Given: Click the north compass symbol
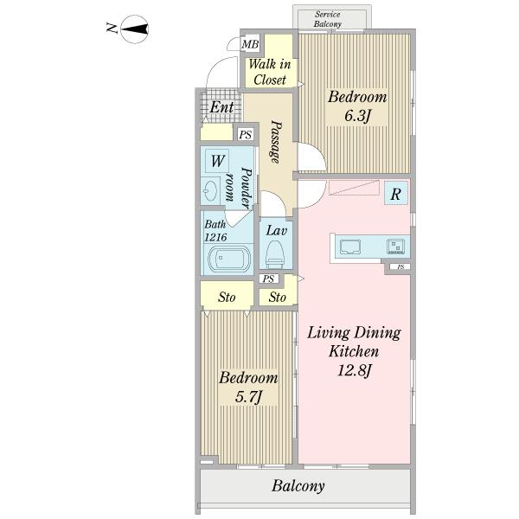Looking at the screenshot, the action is [134, 29].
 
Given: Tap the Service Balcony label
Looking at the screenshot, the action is [328, 19].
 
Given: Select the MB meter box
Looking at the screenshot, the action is [250, 44].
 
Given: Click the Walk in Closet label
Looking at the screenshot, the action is [269, 72].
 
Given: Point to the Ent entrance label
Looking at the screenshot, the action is [221, 107].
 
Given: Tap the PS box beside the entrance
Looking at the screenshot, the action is [246, 135].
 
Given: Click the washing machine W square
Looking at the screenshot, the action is [217, 161].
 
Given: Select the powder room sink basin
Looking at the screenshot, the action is [210, 191].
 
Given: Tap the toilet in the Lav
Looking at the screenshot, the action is [275, 254].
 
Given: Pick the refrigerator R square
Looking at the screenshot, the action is [395, 195].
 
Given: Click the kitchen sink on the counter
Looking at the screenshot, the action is [349, 247].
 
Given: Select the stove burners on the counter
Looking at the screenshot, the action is [395, 247].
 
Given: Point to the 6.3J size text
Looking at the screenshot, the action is [357, 116].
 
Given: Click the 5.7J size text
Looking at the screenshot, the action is [248, 396].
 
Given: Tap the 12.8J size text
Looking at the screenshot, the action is [355, 370].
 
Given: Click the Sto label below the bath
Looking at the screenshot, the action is [227, 297].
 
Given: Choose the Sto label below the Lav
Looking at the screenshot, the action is [277, 297].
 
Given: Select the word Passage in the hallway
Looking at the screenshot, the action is [275, 142].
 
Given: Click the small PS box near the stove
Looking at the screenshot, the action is [400, 266].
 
